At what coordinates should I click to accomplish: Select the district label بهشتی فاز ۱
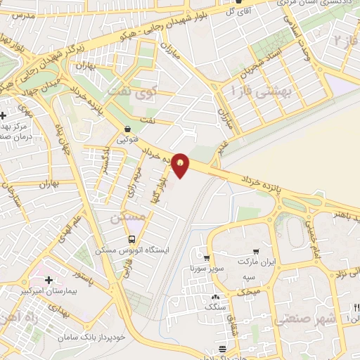263,90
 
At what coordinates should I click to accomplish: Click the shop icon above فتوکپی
127,129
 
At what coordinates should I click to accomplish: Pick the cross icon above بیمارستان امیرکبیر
47,280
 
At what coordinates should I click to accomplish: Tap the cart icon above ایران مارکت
257,252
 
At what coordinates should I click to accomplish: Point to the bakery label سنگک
214,306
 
